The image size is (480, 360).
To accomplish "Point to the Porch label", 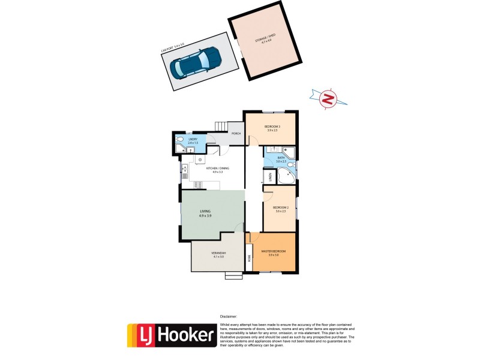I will (236, 133).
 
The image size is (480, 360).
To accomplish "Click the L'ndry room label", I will (193, 142).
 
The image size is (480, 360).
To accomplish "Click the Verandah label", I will (218, 255).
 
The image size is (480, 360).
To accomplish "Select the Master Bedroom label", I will (273, 252).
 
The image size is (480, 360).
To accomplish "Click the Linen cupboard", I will (270, 177).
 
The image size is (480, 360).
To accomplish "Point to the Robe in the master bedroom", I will (249, 258).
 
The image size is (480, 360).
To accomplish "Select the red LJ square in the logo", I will (141, 335).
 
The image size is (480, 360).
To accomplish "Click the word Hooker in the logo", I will (185, 335).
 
